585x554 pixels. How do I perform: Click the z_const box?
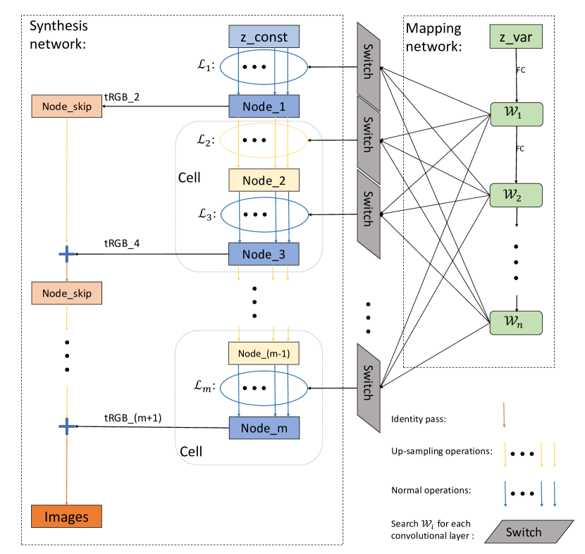(x=264, y=37)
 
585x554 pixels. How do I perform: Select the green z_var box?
(x=516, y=37)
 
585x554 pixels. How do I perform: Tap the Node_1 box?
(x=264, y=106)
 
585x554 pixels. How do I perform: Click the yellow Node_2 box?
(x=264, y=180)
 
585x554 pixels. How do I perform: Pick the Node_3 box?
(x=264, y=254)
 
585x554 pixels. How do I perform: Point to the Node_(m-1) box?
(x=264, y=353)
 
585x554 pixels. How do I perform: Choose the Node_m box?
(x=264, y=428)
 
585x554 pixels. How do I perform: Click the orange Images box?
(x=66, y=517)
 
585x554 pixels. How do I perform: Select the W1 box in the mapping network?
(x=517, y=114)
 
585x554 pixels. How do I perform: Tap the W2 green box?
(x=516, y=195)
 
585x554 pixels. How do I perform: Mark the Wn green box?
(x=516, y=323)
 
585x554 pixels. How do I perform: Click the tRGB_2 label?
(x=122, y=97)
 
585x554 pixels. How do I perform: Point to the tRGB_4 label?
(x=122, y=244)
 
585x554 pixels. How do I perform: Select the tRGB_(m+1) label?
(x=133, y=418)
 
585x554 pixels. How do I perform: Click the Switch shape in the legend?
(x=529, y=531)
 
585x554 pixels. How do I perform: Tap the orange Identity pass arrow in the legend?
(x=504, y=414)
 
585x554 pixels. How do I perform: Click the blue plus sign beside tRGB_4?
(x=67, y=254)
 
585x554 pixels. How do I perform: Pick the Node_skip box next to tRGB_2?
(x=66, y=106)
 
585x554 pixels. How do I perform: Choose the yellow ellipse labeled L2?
(x=264, y=140)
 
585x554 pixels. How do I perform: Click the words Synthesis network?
(x=58, y=35)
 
